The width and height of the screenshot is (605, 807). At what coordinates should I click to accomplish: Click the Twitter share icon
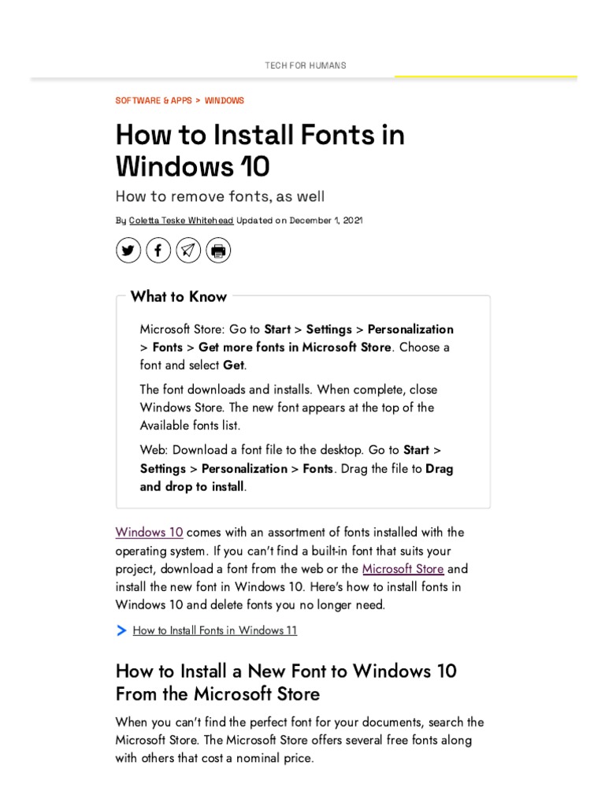tap(128, 251)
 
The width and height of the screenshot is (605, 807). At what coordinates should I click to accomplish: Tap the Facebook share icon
tap(158, 251)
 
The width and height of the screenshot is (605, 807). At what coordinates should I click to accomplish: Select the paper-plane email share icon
tap(188, 251)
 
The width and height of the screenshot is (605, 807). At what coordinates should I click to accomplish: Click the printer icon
tap(218, 251)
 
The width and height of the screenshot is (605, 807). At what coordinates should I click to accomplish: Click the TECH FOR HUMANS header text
tap(305, 65)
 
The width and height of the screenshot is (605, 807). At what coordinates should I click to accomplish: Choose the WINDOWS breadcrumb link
tap(225, 101)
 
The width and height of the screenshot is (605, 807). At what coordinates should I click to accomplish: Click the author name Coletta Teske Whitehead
tap(181, 221)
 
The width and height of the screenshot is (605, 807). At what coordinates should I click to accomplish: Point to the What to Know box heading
tap(179, 297)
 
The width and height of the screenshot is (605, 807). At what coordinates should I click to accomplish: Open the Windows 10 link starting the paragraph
tap(149, 532)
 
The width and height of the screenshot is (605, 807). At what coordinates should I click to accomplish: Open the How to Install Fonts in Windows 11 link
tap(215, 630)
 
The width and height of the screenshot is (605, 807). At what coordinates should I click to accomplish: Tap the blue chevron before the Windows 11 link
tap(121, 630)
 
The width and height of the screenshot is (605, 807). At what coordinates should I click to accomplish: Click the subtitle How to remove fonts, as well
tap(220, 195)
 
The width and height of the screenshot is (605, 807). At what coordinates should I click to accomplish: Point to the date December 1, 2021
tap(326, 221)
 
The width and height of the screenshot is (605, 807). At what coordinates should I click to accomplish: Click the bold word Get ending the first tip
tap(234, 366)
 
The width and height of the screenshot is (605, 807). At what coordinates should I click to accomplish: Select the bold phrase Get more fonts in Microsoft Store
tap(295, 348)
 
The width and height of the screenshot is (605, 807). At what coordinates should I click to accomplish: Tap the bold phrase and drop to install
tap(192, 487)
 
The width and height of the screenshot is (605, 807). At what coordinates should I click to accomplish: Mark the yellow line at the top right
tap(485, 77)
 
